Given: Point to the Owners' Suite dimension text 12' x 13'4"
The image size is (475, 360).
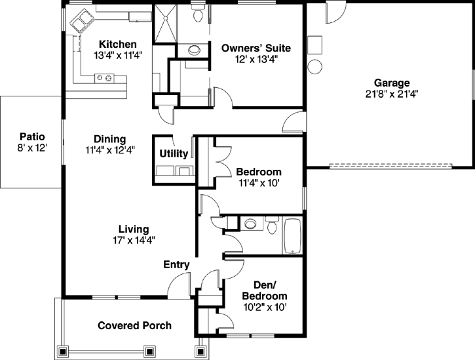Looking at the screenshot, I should pyautogui.click(x=256, y=59).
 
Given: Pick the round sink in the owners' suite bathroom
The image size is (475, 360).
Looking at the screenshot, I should pyautogui.click(x=195, y=49).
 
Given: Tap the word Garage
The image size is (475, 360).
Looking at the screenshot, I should pyautogui.click(x=392, y=83).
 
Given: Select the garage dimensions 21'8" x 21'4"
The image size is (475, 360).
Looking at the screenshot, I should pyautogui.click(x=392, y=93).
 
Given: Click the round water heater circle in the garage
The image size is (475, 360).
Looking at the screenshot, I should pyautogui.click(x=314, y=66).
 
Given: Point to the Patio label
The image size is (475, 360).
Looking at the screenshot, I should pyautogui.click(x=31, y=136).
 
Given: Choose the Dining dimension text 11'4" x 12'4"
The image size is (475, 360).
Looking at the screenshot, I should pyautogui.click(x=109, y=150).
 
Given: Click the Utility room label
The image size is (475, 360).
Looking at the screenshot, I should pyautogui.click(x=174, y=153).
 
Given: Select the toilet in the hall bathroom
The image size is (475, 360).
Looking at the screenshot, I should pyautogui.click(x=272, y=225).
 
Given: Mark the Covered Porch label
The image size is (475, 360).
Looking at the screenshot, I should pyautogui.click(x=134, y=325).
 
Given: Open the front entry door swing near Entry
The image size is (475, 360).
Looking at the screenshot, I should pyautogui.click(x=177, y=284).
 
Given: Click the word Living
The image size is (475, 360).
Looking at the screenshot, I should pyautogui.click(x=133, y=229).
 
